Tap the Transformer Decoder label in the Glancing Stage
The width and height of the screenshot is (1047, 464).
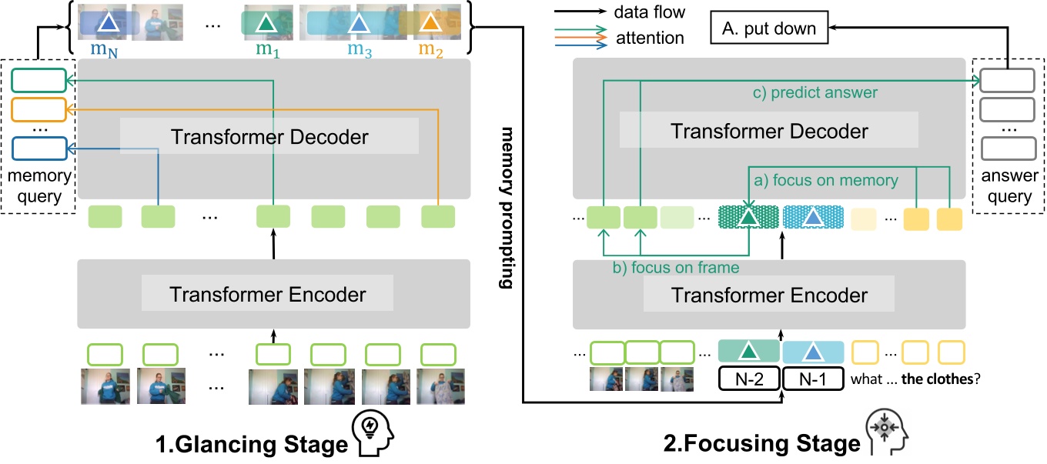coord(269,137)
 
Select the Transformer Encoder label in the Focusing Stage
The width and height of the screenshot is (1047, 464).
coord(770,295)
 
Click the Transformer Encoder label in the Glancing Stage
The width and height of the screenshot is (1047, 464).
coord(268,293)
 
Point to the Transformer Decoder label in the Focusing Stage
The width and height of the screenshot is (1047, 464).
coord(769,131)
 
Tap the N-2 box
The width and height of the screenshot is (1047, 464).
coord(749,379)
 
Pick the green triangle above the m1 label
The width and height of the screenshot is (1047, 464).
coord(266,25)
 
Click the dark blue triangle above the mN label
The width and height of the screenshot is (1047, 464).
coord(108,25)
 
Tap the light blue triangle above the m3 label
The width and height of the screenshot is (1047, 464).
coord(358,25)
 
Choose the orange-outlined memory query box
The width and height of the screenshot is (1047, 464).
coord(38,109)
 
